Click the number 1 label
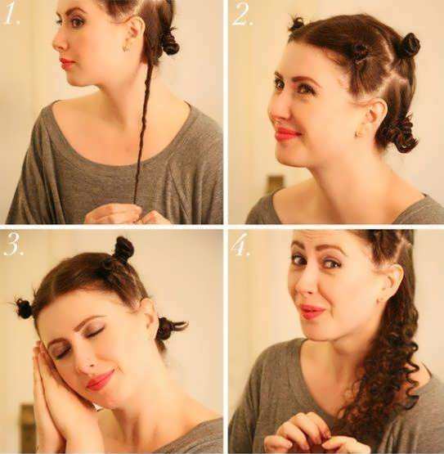click(11, 15)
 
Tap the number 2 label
click(243, 15)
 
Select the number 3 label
click(14, 245)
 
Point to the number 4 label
click(241, 245)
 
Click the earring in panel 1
click(127, 48)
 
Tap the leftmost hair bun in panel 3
click(23, 308)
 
